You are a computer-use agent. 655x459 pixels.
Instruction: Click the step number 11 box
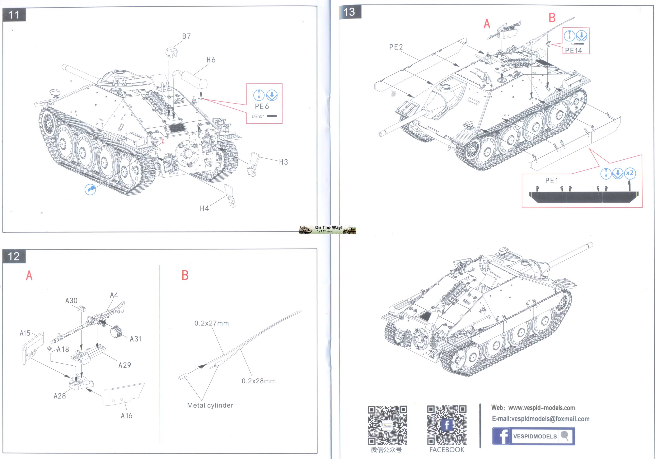point(14,15)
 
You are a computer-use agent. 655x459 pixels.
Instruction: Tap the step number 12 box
point(14,256)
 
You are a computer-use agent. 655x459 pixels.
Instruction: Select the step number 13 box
point(350,12)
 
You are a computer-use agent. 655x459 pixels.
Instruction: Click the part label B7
point(186,36)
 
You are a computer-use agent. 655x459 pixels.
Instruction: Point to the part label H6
point(211,60)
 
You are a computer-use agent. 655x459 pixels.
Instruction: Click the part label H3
point(283,162)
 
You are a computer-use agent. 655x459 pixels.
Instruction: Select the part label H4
point(204,208)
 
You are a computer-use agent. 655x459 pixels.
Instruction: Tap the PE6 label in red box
point(262,106)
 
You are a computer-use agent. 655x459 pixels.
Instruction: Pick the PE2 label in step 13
point(396,47)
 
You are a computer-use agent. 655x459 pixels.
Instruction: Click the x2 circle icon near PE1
point(630,173)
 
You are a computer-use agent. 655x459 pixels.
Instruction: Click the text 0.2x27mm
point(211,323)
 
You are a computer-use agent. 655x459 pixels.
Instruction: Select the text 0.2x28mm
point(259,381)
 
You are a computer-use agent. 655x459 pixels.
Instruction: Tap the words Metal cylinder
point(210,405)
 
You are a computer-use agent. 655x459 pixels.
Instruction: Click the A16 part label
point(126,416)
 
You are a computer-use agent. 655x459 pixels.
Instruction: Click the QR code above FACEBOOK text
point(447,425)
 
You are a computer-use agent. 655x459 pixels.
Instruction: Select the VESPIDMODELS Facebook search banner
point(533,436)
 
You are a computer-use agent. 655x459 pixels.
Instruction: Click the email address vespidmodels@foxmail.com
point(541,419)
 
